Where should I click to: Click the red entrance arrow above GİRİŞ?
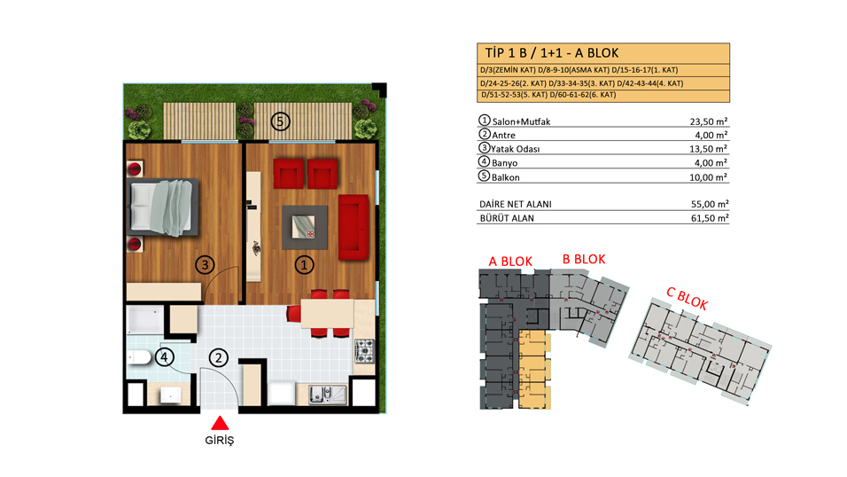tap(220, 423)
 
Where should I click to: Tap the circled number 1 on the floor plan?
tap(304, 265)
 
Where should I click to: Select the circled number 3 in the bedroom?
tap(205, 265)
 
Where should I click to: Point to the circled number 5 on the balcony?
tap(280, 121)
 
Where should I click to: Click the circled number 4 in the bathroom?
tap(164, 357)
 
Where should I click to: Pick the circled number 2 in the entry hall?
tap(218, 357)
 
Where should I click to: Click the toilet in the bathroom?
tap(139, 357)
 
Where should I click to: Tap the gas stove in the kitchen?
tap(364, 350)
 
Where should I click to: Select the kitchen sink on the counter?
tap(327, 395)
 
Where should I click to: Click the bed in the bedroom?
tap(163, 207)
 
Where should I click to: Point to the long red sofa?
tap(354, 227)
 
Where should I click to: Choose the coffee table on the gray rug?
tap(304, 227)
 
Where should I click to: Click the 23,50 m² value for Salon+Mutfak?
tap(708, 121)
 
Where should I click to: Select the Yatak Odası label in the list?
tap(516, 149)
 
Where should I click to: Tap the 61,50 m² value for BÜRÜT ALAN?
tap(710, 218)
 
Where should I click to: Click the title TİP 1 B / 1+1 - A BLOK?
tap(551, 53)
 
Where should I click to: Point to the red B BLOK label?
tap(584, 260)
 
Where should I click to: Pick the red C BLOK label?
tap(687, 299)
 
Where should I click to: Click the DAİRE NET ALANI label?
tap(516, 204)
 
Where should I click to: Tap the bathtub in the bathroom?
tap(145, 320)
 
